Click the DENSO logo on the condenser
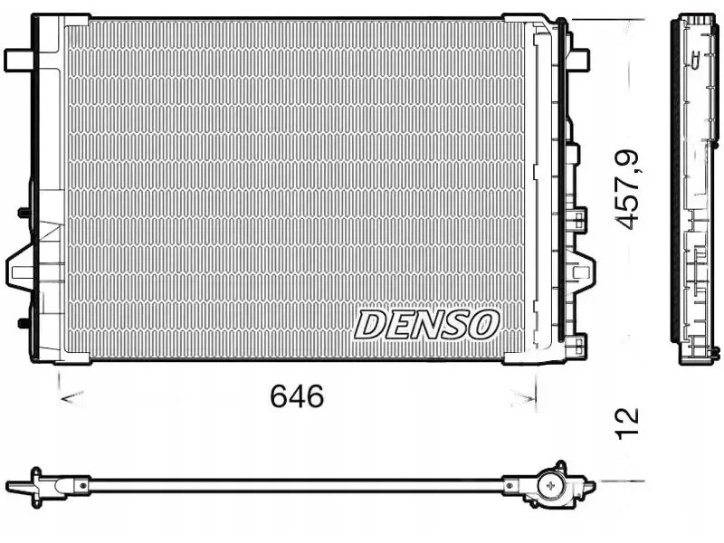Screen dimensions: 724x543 [x=426, y=325]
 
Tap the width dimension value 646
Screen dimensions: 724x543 [x=297, y=396]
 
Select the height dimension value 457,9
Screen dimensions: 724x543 [x=628, y=190]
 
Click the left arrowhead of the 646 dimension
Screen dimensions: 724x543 [x=72, y=397]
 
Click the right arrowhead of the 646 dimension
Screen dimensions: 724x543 [x=523, y=396]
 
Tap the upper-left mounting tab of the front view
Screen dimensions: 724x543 [x=18, y=61]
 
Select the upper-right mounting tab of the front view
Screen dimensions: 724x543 [x=579, y=60]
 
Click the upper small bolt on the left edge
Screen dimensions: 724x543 [x=24, y=213]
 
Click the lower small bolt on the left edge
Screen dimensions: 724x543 [x=24, y=322]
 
